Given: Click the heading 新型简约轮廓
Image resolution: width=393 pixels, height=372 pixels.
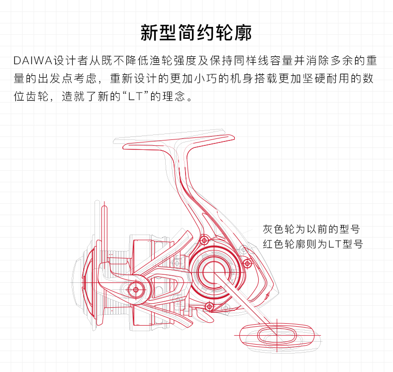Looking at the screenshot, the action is [196, 33].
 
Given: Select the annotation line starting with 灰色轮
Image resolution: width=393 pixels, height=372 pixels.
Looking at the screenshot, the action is [311, 230].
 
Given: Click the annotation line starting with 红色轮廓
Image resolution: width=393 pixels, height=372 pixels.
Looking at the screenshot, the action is [312, 245].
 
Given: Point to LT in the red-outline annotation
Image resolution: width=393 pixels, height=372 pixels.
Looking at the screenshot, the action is [335, 245].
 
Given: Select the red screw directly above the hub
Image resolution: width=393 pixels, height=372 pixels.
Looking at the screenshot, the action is [203, 241].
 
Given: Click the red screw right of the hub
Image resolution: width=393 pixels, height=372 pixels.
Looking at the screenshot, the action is [247, 263].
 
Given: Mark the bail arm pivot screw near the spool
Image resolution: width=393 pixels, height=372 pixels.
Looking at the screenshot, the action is [135, 289].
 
